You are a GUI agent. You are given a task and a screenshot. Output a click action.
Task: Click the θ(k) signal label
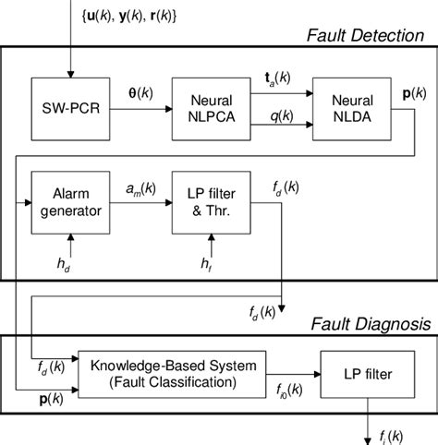142,93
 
